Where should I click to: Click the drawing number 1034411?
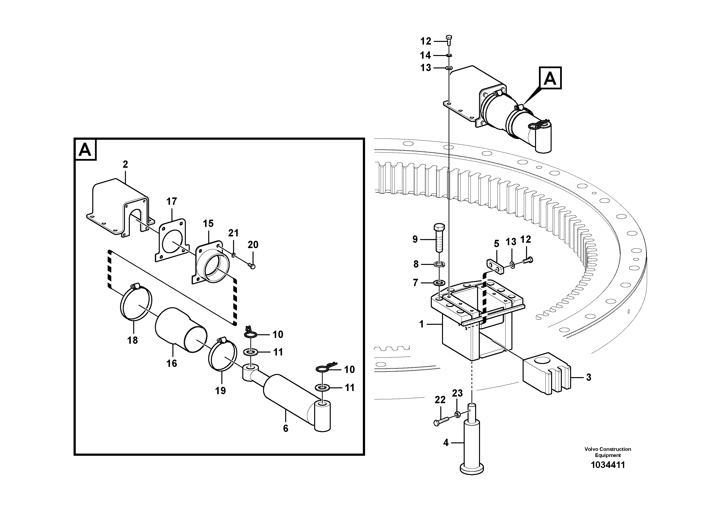tap(608, 465)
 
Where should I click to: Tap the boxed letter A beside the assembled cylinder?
tap(550, 78)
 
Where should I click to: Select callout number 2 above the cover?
tap(125, 164)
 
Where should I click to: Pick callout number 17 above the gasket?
tap(171, 201)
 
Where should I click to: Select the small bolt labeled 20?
tap(252, 266)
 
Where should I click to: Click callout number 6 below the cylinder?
tap(285, 428)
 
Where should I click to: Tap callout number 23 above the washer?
tap(457, 393)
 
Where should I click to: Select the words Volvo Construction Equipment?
tap(608, 452)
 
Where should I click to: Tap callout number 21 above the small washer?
tap(233, 233)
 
